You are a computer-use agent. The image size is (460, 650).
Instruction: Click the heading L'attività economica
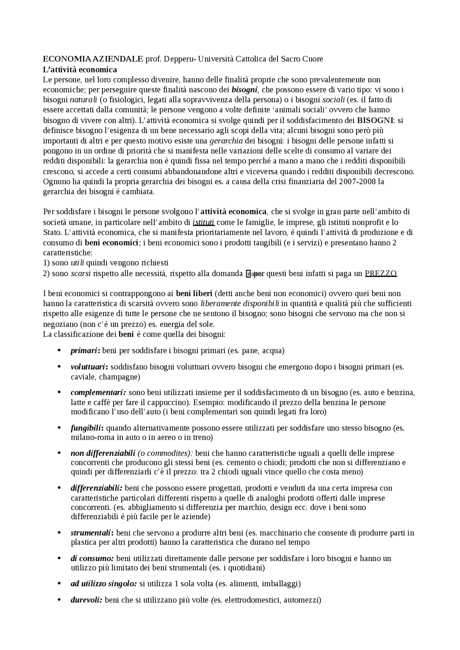tap(80, 69)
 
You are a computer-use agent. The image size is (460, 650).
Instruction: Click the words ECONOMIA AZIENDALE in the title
tap(93, 59)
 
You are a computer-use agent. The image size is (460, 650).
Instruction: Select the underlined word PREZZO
tap(381, 273)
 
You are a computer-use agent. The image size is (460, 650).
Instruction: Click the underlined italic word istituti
tap(203, 222)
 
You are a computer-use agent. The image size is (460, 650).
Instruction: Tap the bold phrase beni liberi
tap(194, 293)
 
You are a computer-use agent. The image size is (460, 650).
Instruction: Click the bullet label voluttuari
tap(88, 367)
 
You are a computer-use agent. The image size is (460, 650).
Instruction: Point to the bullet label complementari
tap(98, 392)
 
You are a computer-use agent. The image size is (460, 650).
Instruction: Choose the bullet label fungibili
tap(87, 428)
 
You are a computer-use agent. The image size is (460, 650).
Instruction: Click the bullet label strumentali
tap(92, 533)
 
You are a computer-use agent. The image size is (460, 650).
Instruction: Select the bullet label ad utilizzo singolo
tap(103, 583)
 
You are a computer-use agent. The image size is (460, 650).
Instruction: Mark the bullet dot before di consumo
tap(59, 558)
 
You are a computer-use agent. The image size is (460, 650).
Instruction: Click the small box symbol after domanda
tap(248, 274)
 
